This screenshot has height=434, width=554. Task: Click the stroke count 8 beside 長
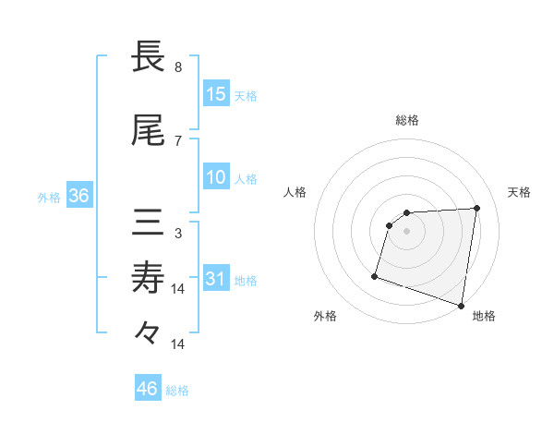click(x=178, y=67)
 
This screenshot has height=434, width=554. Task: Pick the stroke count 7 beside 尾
click(x=178, y=140)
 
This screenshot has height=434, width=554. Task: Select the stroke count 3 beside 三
click(x=178, y=233)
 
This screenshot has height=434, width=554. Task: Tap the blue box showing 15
click(x=216, y=94)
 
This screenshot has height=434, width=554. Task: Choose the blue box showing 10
click(x=216, y=177)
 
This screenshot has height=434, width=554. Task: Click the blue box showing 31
click(x=216, y=279)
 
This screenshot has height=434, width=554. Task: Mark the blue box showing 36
click(x=78, y=196)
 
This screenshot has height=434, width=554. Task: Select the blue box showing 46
click(x=148, y=389)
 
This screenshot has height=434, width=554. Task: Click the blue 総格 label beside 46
click(x=177, y=391)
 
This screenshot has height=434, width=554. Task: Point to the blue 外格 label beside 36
click(x=49, y=197)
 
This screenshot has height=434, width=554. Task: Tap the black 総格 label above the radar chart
click(x=407, y=120)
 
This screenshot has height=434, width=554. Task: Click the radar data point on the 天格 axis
click(x=477, y=208)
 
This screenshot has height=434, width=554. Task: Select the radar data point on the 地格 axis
click(x=462, y=306)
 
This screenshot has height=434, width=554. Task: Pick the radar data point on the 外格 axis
click(x=375, y=275)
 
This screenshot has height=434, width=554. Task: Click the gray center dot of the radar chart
click(x=407, y=231)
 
